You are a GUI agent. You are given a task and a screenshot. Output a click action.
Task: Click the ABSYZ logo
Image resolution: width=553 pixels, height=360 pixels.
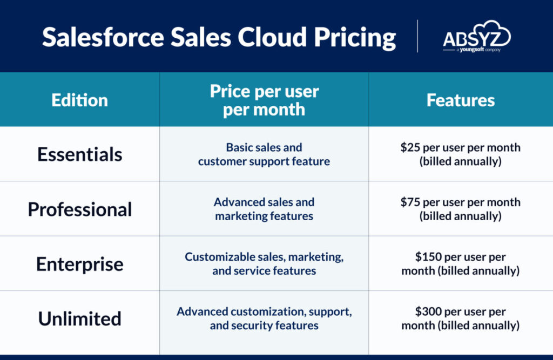click(477, 36)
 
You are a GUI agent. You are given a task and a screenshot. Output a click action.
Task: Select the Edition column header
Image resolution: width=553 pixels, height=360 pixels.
click(80, 100)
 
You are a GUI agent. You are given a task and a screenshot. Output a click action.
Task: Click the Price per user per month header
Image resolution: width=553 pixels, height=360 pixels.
click(264, 100)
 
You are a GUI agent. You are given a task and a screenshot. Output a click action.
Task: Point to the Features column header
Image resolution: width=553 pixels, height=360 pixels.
click(461, 100)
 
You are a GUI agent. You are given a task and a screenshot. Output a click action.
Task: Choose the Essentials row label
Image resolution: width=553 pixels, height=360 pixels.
click(80, 154)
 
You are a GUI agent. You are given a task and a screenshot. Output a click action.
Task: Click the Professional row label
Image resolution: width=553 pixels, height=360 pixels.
click(80, 209)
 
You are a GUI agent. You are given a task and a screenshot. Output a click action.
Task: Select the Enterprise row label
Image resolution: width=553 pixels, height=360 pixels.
click(80, 264)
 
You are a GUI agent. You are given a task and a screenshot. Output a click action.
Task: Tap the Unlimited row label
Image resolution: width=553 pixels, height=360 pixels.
click(80, 319)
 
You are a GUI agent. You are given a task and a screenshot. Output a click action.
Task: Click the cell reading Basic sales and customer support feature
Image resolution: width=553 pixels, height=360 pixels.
click(264, 154)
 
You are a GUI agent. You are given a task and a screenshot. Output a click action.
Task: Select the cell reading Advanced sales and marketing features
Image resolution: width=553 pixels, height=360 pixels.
click(264, 209)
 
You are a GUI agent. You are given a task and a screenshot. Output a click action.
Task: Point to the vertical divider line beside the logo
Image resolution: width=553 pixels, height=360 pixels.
click(417, 36)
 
